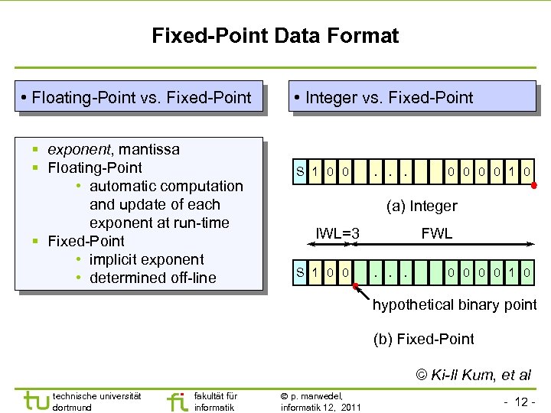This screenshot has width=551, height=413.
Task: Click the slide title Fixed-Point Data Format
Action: (x=275, y=36)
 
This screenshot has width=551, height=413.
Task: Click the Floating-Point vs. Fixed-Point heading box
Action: (x=141, y=97)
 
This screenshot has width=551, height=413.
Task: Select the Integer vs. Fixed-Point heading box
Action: (x=412, y=97)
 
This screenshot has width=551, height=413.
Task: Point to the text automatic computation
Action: (x=166, y=186)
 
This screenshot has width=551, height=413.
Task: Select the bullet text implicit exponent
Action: (x=147, y=259)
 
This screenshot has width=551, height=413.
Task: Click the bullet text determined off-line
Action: (x=153, y=278)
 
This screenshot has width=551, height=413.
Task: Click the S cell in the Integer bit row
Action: (x=302, y=172)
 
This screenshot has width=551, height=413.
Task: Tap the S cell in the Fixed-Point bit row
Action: (x=302, y=272)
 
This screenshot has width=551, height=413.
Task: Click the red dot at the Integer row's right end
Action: (x=534, y=185)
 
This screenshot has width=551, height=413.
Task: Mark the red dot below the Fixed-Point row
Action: (x=357, y=286)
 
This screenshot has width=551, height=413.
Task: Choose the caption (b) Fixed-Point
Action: (x=423, y=339)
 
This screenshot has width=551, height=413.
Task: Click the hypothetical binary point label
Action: (x=455, y=304)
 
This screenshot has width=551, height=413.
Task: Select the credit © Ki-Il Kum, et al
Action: (x=473, y=374)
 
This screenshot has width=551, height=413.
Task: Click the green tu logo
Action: (x=35, y=400)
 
